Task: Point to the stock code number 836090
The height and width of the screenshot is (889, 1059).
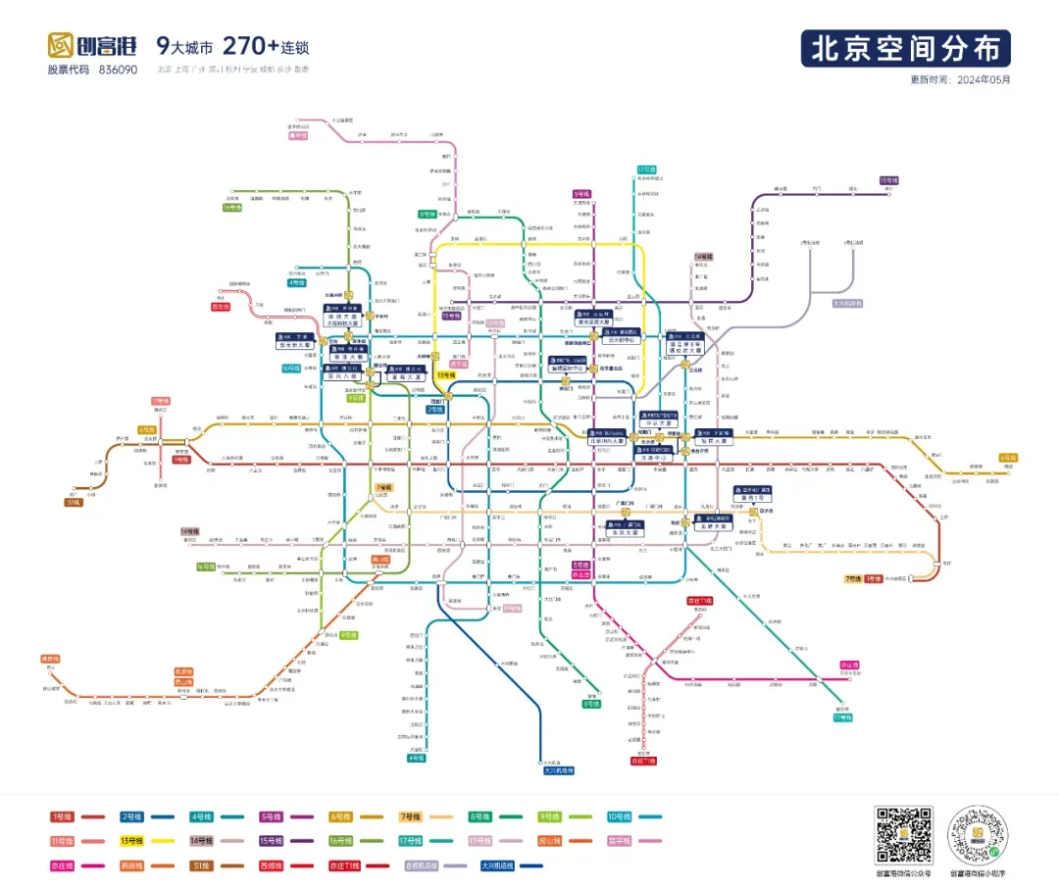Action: pos(118,70)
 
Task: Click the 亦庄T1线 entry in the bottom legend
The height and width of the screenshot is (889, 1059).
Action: pos(344,865)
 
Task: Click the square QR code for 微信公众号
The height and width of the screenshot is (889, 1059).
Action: pos(903,835)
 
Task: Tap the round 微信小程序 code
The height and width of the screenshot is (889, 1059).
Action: pos(979,835)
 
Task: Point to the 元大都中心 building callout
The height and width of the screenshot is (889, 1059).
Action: pos(623,338)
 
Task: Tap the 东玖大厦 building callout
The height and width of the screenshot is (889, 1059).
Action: pos(629,530)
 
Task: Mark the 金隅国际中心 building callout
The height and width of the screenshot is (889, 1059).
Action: pos(567,366)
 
